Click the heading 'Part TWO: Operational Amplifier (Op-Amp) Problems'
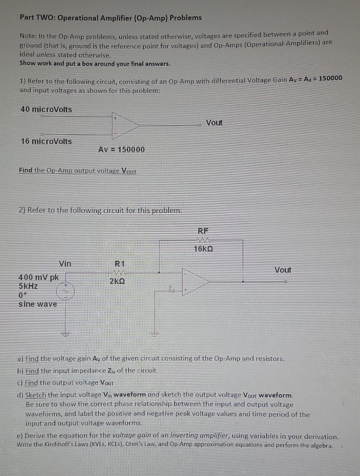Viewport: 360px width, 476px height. pos(111,18)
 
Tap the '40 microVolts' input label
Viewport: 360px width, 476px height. pos(46,109)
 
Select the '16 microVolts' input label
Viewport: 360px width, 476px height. pos(46,141)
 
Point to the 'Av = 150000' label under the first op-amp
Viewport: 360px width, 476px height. pos(121,149)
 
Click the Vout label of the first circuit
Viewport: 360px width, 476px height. pos(214,123)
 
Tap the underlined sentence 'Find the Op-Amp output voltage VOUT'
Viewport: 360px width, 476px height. pos(78,171)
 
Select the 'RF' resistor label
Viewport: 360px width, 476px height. pos(203,231)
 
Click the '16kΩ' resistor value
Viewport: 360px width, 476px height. pos(203,249)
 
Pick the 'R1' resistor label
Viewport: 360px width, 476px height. pos(119,264)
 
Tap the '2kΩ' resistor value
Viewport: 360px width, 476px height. pos(117,281)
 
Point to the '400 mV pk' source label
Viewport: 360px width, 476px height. pos(38,277)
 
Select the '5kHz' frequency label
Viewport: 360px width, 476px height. pos(28,286)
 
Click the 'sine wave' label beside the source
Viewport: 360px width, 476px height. pos(38,304)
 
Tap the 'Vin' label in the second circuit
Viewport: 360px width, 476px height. pos(65,264)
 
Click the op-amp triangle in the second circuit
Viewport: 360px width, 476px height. pos(195,282)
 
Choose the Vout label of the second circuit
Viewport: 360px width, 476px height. pos(283,270)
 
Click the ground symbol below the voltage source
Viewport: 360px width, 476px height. pos(65,334)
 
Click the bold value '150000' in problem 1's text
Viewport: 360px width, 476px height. pos(330,78)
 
